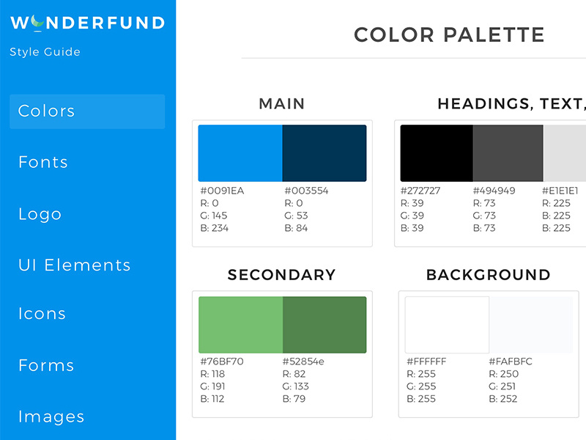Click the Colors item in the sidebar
(47, 111)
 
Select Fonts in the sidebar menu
(43, 162)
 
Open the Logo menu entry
(40, 214)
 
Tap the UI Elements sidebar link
(75, 265)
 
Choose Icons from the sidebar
(42, 314)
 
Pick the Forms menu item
(46, 365)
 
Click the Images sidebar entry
(51, 417)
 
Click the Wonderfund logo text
(87, 23)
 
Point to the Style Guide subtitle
(45, 52)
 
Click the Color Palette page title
(449, 34)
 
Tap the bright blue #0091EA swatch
(240, 153)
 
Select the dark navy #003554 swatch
(324, 153)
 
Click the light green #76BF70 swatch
(240, 324)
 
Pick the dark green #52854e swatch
(324, 324)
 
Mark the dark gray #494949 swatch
(508, 153)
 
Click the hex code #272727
(420, 191)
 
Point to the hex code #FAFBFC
(511, 362)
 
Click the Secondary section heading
(282, 275)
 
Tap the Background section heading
(489, 275)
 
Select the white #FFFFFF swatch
(448, 324)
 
